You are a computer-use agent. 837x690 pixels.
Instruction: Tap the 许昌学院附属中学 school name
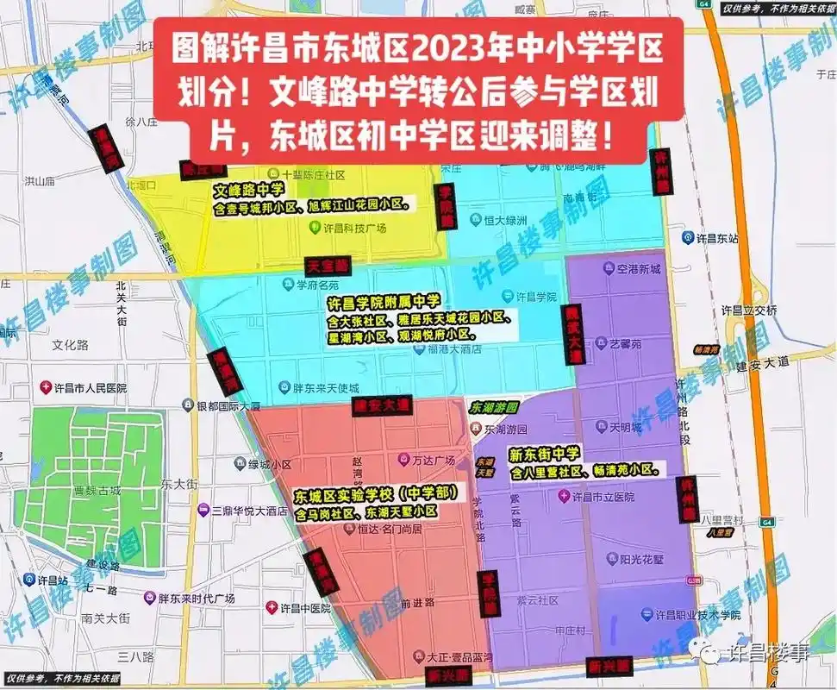(x=384, y=303)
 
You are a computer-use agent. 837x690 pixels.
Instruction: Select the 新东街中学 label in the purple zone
(x=545, y=454)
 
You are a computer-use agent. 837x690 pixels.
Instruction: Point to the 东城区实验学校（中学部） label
(x=374, y=496)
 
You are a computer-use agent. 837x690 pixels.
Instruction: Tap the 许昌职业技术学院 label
(x=697, y=615)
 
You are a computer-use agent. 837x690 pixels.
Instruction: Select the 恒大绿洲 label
(x=503, y=221)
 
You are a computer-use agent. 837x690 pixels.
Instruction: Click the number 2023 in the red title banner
(x=450, y=49)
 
